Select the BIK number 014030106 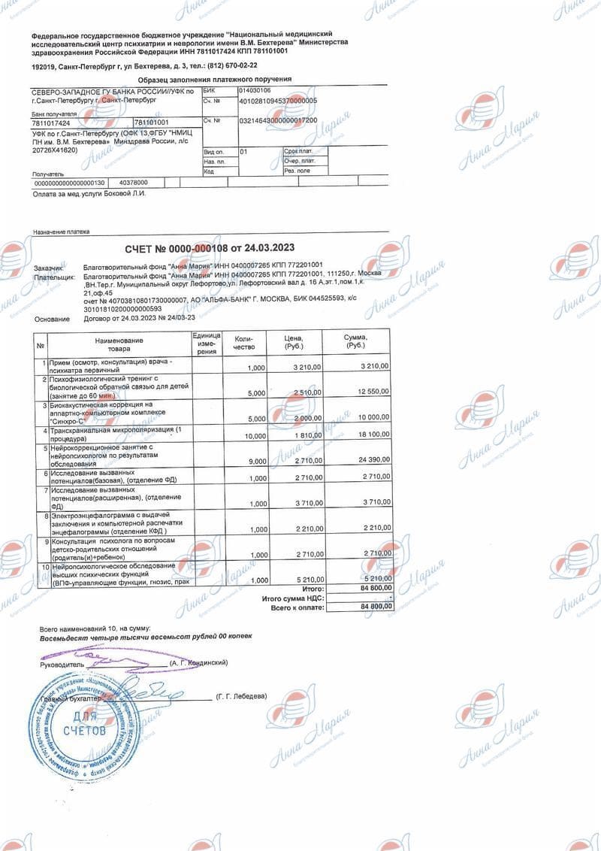tap(255, 89)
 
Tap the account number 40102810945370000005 tap(278, 100)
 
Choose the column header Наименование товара tap(119, 344)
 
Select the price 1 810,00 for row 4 tap(306, 435)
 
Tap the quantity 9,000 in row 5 tap(255, 461)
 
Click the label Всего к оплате tap(297, 607)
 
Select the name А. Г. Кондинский tap(198, 663)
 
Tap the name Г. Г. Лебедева tap(240, 697)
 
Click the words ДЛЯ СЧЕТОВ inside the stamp tap(85, 724)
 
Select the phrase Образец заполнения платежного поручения tap(215, 79)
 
